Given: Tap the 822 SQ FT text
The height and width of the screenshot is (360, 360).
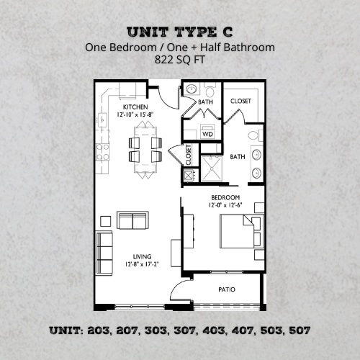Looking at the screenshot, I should pyautogui.click(x=179, y=61).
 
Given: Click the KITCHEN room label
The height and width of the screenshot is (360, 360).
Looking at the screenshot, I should pyautogui.click(x=135, y=107).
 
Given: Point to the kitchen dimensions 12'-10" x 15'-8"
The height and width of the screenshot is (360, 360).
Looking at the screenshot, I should pyautogui.click(x=135, y=114).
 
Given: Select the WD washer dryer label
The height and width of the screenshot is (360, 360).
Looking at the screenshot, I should pyautogui.click(x=207, y=134).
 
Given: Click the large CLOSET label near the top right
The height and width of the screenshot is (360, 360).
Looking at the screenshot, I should pyautogui.click(x=240, y=102).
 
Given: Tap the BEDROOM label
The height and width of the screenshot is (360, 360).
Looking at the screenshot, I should pyautogui.click(x=225, y=197).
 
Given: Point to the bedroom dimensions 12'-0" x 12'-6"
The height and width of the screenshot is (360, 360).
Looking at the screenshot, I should pyautogui.click(x=225, y=205).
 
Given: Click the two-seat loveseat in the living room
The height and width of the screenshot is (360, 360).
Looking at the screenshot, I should pyautogui.click(x=132, y=220).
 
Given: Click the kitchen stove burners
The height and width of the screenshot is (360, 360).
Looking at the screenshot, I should pyautogui.click(x=102, y=151).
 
